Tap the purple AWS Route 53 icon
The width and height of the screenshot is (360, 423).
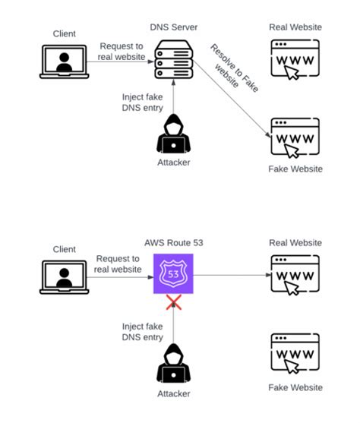[175, 274]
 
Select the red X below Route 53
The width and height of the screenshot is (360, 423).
[175, 302]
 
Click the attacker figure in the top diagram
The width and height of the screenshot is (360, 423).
[175, 135]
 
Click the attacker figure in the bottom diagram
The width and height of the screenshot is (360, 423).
[175, 364]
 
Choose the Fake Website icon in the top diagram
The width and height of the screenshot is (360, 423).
[295, 137]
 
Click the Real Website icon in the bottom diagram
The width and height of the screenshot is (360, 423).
[295, 274]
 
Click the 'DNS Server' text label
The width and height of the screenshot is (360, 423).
[175, 27]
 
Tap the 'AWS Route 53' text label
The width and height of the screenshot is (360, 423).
[175, 243]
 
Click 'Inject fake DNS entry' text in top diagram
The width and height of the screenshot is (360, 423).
[142, 102]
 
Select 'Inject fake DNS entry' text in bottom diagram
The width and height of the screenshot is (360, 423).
[142, 331]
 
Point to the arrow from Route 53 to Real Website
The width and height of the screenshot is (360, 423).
[232, 275]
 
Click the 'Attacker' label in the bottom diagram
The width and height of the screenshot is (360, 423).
[175, 393]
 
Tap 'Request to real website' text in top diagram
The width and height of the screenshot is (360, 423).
[120, 52]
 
